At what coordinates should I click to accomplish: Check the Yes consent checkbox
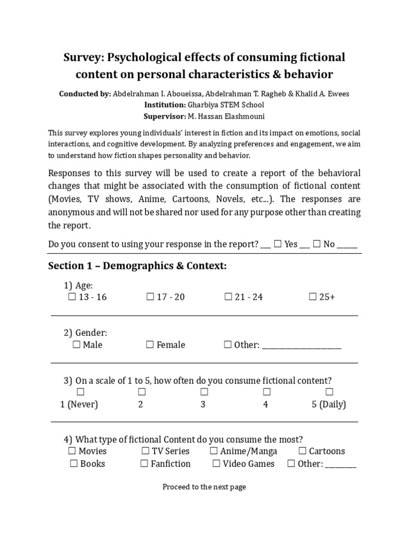pyautogui.click(x=277, y=244)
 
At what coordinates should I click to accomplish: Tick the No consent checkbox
pyautogui.click(x=316, y=244)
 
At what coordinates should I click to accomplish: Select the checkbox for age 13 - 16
pyautogui.click(x=72, y=297)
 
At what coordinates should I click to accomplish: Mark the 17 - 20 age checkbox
pyautogui.click(x=150, y=297)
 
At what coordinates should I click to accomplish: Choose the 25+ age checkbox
pyautogui.click(x=313, y=297)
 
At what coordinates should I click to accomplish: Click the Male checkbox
pyautogui.click(x=76, y=345)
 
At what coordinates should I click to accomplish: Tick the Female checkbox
pyautogui.click(x=150, y=345)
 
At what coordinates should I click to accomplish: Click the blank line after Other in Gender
pyautogui.click(x=301, y=345)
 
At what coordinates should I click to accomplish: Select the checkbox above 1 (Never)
pyautogui.click(x=80, y=392)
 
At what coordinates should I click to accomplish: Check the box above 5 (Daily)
pyautogui.click(x=329, y=392)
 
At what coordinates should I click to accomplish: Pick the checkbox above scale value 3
pyautogui.click(x=204, y=392)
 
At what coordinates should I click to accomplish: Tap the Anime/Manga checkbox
pyautogui.click(x=214, y=451)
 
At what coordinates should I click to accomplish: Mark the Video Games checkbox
pyautogui.click(x=216, y=464)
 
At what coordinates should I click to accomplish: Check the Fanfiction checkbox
pyautogui.click(x=144, y=464)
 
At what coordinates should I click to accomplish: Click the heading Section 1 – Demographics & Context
pyautogui.click(x=137, y=266)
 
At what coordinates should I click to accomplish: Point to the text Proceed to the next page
pyautogui.click(x=204, y=486)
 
